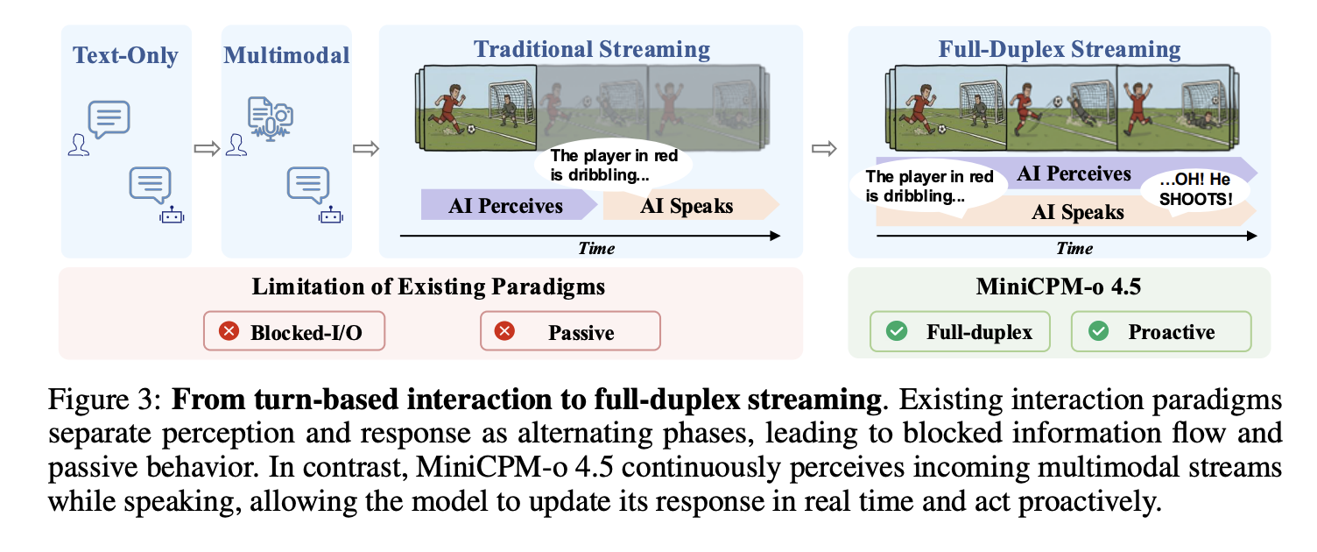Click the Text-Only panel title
point(125,55)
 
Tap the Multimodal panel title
point(286,55)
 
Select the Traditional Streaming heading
point(591,49)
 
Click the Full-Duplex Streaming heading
point(1059,49)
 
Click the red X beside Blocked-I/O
point(229,330)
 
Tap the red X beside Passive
point(504,330)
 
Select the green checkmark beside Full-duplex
point(897,330)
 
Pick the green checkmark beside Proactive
point(1098,330)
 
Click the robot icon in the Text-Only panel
point(172,216)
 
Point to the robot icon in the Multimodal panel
point(330,216)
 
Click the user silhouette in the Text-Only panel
point(78,145)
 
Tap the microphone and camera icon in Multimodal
point(271,118)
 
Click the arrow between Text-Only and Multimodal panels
point(207,148)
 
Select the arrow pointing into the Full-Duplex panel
point(824,148)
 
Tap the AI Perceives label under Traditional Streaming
point(505,206)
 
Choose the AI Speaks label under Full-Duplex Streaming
point(1078,212)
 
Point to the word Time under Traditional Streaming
point(596,248)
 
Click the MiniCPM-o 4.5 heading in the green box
point(1059,287)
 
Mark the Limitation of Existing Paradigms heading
point(428,287)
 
